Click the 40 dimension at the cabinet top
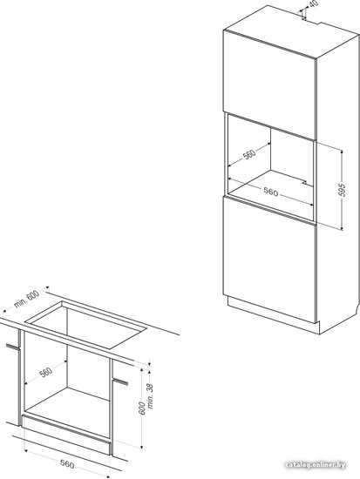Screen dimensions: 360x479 pyautogui.click(x=314, y=4)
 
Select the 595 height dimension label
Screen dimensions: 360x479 pyautogui.click(x=343, y=190)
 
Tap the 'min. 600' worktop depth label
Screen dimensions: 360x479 pyautogui.click(x=26, y=299)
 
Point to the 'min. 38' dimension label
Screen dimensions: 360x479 pyautogui.click(x=151, y=396)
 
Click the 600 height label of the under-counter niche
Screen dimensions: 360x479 pyautogui.click(x=142, y=408)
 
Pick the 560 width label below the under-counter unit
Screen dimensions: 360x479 pyautogui.click(x=66, y=464)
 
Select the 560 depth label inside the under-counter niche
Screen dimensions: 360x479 pyautogui.click(x=46, y=372)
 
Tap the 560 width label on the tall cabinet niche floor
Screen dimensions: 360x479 pyautogui.click(x=271, y=192)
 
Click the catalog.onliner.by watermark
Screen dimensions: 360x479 pyautogui.click(x=316, y=465)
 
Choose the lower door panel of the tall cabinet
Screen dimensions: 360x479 pyautogui.click(x=269, y=260)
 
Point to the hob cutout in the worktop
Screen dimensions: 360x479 pyautogui.click(x=86, y=325)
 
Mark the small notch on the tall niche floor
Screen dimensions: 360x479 pyautogui.click(x=304, y=182)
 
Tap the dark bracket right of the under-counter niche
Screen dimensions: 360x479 pyautogui.click(x=120, y=381)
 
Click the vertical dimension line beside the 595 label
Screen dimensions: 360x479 pyautogui.click(x=342, y=189)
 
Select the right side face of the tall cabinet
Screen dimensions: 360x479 pyautogui.click(x=337, y=183)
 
